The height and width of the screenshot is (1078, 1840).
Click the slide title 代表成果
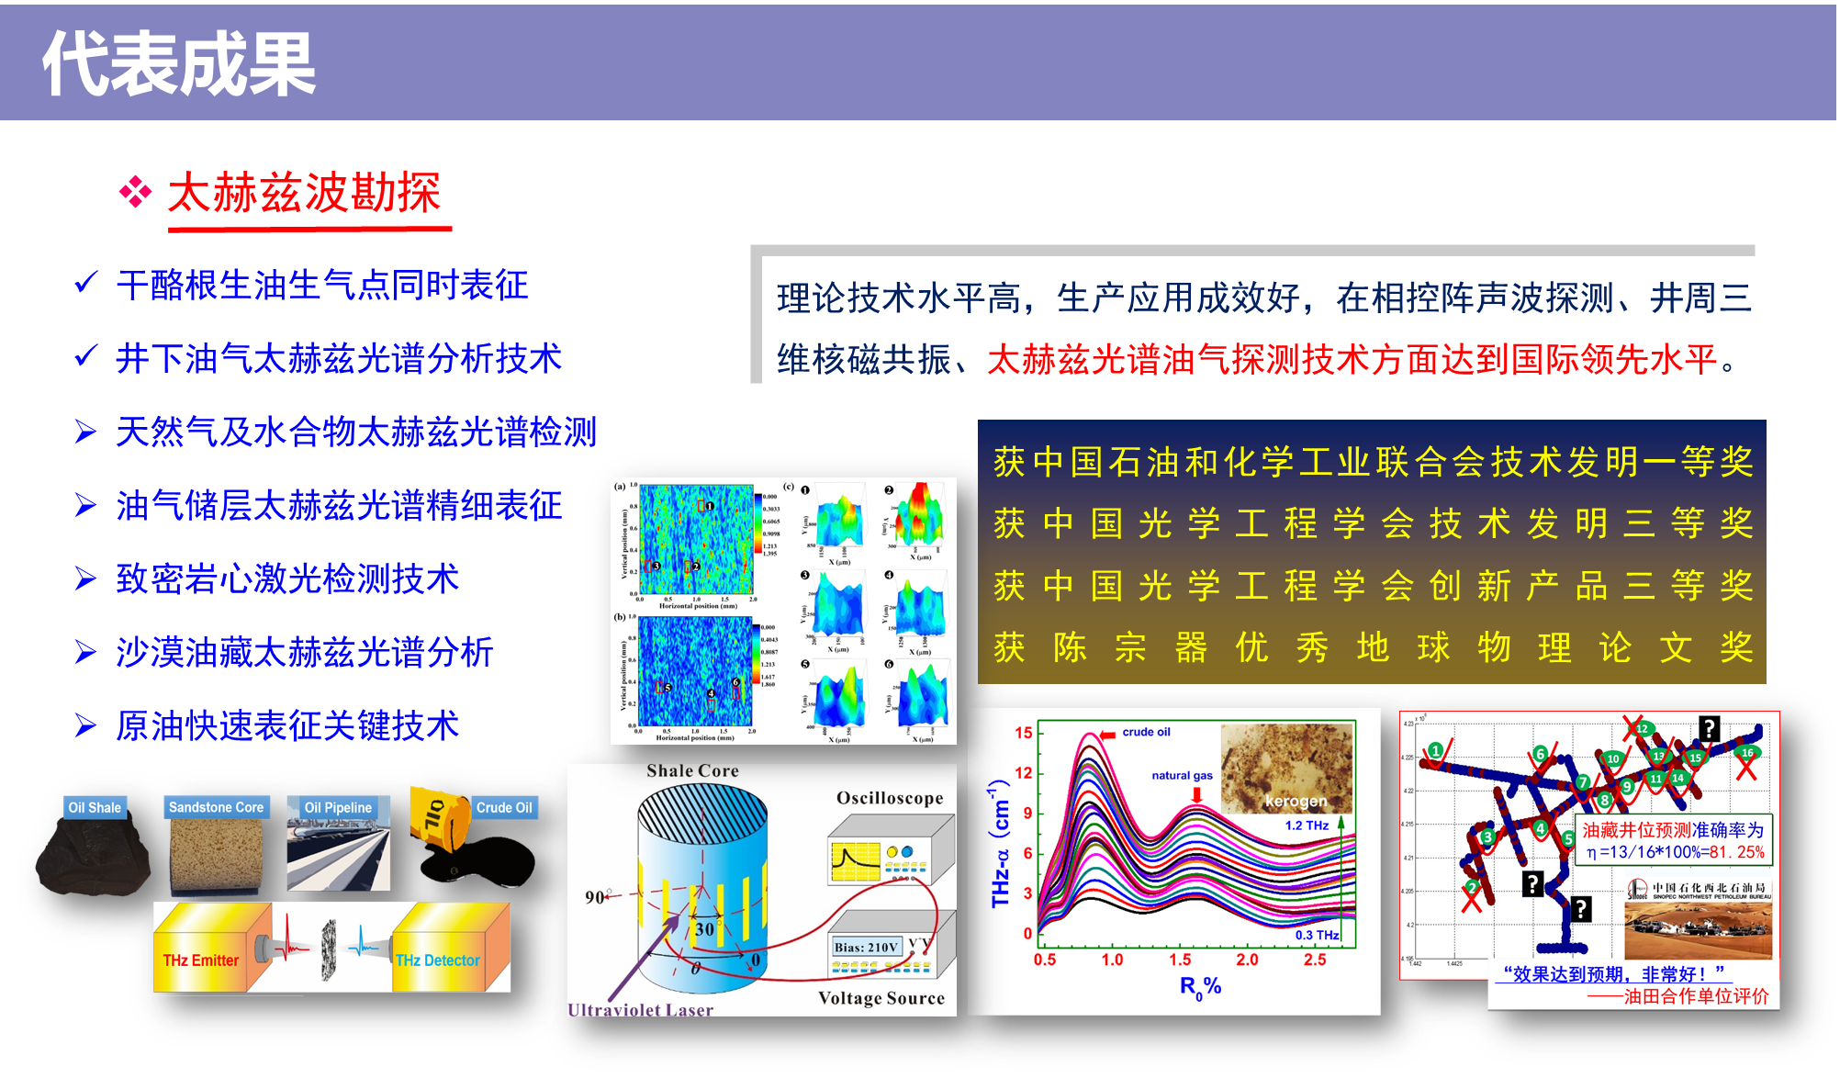(179, 62)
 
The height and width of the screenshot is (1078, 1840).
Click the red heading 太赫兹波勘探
(304, 194)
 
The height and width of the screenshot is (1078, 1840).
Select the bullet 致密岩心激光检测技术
(286, 579)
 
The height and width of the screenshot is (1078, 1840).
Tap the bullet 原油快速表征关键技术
(286, 726)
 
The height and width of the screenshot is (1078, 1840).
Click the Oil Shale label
(95, 807)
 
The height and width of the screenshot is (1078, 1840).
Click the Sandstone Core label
(216, 807)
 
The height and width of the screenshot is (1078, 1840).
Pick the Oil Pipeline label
(338, 807)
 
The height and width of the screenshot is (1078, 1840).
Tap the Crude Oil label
(504, 807)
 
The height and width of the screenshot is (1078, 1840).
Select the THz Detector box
(438, 960)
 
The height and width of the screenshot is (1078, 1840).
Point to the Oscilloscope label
(890, 798)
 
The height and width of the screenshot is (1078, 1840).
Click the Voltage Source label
(881, 998)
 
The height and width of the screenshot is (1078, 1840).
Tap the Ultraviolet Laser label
(640, 1009)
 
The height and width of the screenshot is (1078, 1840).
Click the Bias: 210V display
(866, 947)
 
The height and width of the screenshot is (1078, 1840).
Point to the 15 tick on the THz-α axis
(1023, 733)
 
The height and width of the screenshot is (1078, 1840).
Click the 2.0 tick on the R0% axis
(1247, 960)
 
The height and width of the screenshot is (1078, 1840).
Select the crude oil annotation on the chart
(1146, 732)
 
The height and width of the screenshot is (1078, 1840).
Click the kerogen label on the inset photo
(1296, 801)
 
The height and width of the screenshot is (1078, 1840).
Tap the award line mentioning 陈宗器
(1372, 648)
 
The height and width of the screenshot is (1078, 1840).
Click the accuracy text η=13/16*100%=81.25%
(1675, 852)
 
